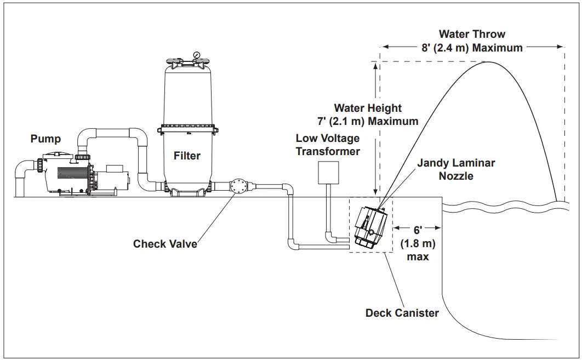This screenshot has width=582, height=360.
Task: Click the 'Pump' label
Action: tap(45, 139)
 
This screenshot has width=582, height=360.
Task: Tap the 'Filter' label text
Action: tap(187, 156)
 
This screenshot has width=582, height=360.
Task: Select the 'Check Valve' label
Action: tap(165, 243)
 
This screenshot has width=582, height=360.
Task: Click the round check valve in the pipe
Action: tap(239, 186)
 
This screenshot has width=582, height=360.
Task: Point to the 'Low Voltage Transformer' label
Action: tap(328, 145)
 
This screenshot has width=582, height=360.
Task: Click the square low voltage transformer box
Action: tap(329, 172)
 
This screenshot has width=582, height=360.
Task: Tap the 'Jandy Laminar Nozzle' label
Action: tap(456, 169)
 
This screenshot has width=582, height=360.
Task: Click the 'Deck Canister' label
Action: tap(402, 313)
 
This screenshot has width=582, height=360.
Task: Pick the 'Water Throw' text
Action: tap(472, 35)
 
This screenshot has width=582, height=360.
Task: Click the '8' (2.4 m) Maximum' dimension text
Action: tap(472, 48)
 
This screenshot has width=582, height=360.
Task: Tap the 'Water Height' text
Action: tap(368, 108)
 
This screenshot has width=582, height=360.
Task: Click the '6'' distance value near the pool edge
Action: tap(417, 231)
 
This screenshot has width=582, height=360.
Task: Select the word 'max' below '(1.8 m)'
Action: tap(418, 256)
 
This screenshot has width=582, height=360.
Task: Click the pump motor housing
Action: tap(112, 179)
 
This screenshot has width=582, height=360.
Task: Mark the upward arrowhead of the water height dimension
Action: tap(375, 65)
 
